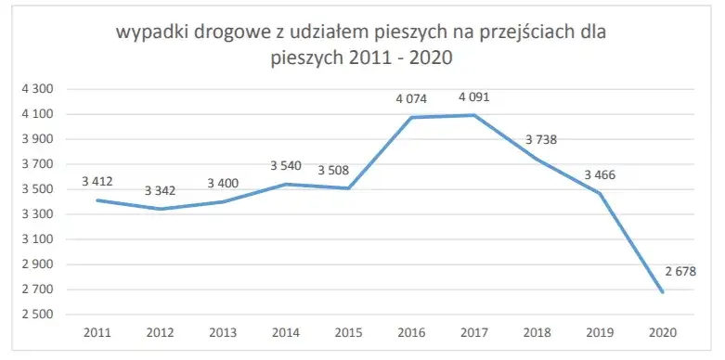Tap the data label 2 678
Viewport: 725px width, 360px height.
point(655,271)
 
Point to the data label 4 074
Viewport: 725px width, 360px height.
point(411,96)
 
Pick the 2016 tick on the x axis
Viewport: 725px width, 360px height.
point(411,332)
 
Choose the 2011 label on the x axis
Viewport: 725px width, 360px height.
point(97,332)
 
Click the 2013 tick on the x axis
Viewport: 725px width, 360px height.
point(223,332)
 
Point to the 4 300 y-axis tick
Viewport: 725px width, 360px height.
point(39,89)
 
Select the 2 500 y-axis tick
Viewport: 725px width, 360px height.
point(39,315)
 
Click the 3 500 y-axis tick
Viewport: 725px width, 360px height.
point(39,189)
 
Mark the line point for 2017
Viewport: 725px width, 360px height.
point(474,115)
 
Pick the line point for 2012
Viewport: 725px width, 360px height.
point(161,209)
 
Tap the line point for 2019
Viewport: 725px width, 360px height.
point(600,193)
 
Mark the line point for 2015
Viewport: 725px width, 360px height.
point(349,188)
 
